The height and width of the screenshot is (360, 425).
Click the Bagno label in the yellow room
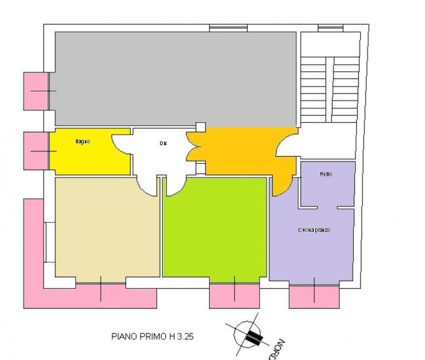pos(82,142)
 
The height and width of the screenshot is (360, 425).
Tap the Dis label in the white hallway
pos(163,143)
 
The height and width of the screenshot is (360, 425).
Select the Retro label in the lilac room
pos(326,174)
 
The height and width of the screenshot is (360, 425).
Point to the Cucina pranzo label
pos(314,230)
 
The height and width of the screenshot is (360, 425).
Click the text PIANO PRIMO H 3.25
pos(152,337)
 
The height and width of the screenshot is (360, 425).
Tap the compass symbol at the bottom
pos(248,336)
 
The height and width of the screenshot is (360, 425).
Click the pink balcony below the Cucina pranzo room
pos(314,296)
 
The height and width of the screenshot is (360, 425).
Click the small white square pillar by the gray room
pos(201,127)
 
